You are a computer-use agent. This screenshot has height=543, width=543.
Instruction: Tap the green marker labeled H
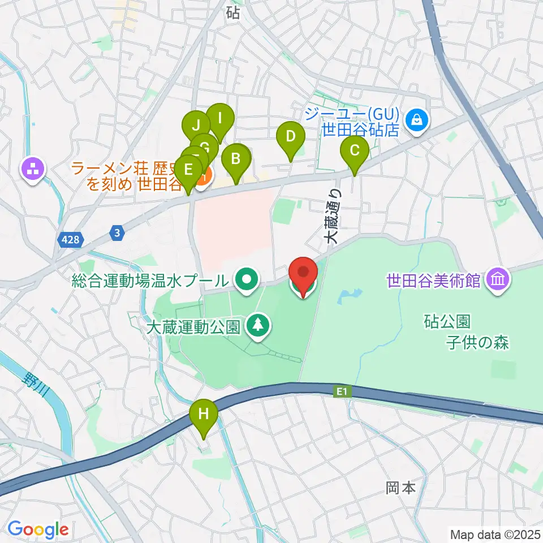click(204, 417)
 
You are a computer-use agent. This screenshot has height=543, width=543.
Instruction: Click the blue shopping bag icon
click(416, 119)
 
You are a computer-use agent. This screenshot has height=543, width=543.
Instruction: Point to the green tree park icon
click(258, 325)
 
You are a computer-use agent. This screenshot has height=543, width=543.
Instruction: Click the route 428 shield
click(71, 240)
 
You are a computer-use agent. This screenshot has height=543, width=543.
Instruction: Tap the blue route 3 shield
click(117, 232)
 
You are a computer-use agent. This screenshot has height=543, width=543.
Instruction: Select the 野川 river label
click(35, 385)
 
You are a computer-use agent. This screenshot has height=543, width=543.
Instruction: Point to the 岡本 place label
click(401, 488)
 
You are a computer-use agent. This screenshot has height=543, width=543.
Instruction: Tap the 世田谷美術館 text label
click(434, 279)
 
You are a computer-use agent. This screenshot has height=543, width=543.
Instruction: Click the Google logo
click(38, 529)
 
